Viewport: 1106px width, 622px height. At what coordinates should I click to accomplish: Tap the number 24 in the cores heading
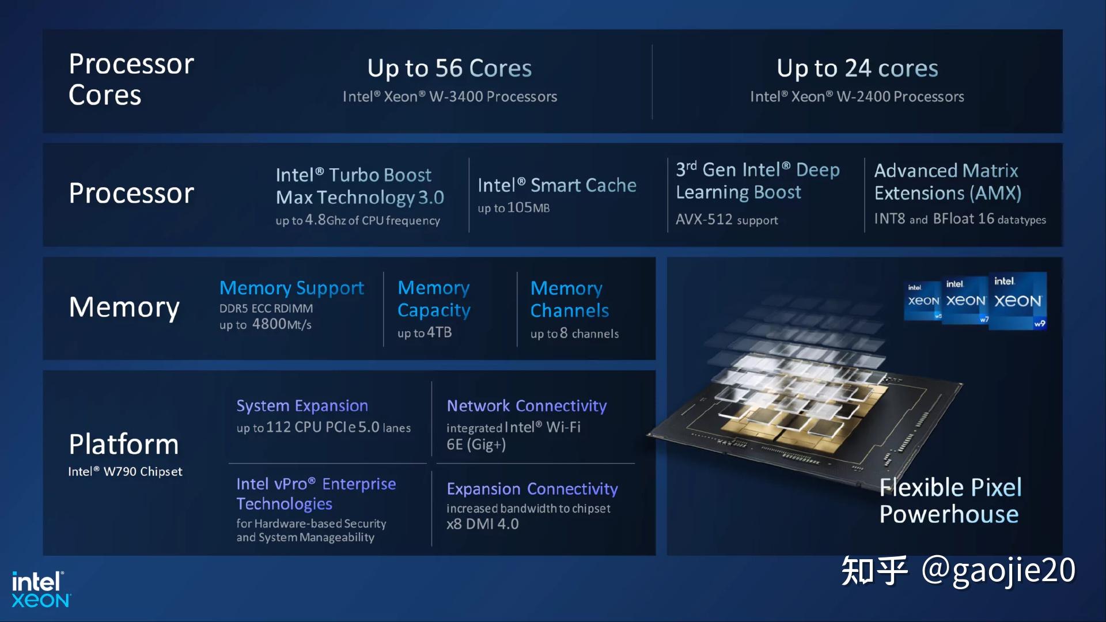857,69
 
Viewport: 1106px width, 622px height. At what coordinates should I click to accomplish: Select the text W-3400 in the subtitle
456,97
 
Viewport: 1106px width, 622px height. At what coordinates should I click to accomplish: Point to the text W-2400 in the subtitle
863,97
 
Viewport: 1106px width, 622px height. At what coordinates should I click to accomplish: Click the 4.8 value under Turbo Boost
315,220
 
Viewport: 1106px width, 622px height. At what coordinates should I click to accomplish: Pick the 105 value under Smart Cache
520,207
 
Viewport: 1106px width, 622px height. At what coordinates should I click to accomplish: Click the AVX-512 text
704,219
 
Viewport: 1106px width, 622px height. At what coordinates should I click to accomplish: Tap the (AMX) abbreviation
995,193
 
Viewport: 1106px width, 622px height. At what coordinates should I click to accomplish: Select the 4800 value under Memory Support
269,324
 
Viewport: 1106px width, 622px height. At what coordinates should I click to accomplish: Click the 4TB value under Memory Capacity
439,333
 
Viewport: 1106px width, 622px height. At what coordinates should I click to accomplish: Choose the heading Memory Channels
569,299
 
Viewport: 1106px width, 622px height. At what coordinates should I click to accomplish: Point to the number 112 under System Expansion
278,427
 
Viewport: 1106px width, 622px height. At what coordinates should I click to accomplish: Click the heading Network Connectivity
527,406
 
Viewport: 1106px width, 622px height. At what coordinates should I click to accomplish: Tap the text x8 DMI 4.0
483,524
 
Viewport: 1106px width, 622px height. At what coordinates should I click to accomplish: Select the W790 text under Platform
122,472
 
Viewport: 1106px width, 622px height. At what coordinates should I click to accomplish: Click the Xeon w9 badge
1017,301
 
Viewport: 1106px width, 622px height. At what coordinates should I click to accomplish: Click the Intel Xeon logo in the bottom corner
40,590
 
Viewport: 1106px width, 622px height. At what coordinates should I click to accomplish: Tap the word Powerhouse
949,514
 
